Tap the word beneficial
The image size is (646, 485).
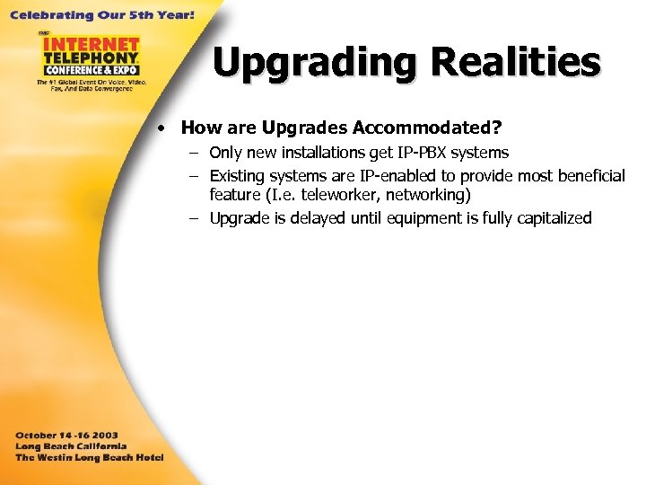pyautogui.click(x=589, y=175)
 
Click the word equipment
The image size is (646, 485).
pyautogui.click(x=423, y=218)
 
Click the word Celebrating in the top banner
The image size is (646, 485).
pyautogui.click(x=44, y=15)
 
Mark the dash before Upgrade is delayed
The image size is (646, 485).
pyautogui.click(x=194, y=218)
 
